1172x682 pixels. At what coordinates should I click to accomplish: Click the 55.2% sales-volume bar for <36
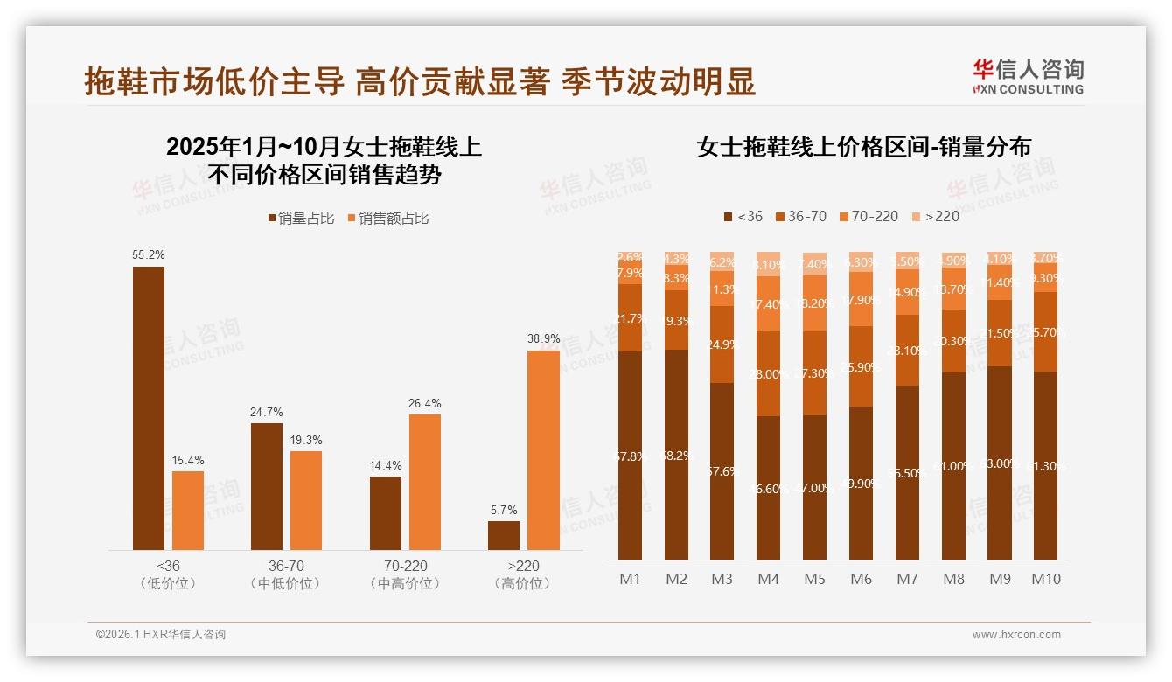pos(149,407)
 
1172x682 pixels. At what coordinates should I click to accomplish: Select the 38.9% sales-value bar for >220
pos(543,449)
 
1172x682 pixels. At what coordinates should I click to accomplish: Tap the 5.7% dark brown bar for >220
pos(504,535)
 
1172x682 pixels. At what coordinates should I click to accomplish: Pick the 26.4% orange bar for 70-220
pos(425,482)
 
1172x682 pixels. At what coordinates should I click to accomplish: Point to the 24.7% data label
pos(267,412)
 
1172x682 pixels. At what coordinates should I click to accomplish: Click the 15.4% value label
pos(188,460)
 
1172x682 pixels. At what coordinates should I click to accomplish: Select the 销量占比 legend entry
pos(301,219)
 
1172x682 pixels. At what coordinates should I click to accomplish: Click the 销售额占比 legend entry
pos(388,219)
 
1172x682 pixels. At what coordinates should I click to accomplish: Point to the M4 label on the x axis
pos(768,579)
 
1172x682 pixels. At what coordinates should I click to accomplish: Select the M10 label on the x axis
pos(1045,579)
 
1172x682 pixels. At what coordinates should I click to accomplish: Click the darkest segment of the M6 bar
pos(861,483)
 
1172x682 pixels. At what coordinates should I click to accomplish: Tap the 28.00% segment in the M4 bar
pos(769,373)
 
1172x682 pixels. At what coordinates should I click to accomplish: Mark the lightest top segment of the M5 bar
pos(815,263)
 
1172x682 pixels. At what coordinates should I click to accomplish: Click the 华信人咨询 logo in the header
pos(1028,76)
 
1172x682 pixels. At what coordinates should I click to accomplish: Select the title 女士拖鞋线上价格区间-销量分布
pos(863,147)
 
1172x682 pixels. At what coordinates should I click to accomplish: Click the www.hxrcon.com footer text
pos(1016,635)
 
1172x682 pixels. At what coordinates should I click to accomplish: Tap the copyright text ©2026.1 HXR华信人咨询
pos(161,635)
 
